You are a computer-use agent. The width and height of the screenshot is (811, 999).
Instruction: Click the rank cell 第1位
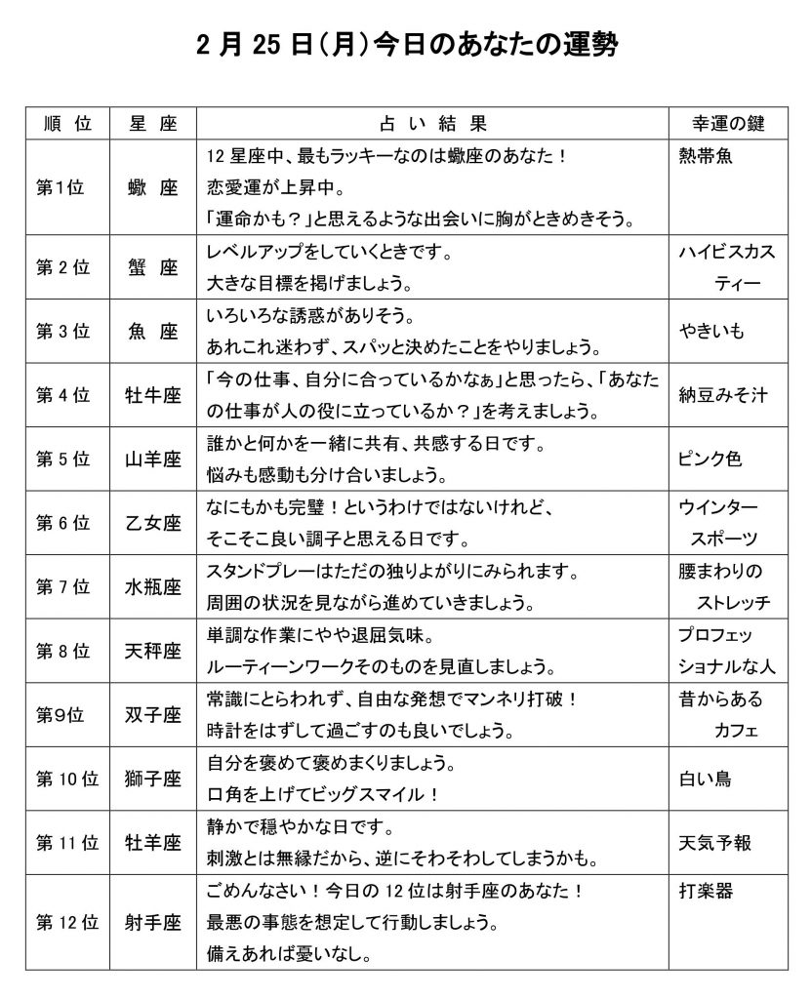(61, 188)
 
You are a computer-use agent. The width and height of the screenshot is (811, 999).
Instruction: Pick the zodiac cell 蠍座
(152, 188)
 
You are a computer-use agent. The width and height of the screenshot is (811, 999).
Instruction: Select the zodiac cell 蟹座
(152, 268)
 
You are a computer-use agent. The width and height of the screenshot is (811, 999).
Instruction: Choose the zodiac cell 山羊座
(152, 460)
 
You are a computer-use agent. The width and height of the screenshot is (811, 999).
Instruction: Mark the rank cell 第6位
(63, 523)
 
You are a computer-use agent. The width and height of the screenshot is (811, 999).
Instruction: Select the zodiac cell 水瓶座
(152, 587)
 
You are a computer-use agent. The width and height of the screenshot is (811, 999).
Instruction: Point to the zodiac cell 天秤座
(152, 651)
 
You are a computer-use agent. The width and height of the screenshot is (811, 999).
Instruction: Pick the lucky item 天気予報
(715, 843)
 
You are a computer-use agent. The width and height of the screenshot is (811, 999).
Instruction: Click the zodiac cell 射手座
(152, 922)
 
